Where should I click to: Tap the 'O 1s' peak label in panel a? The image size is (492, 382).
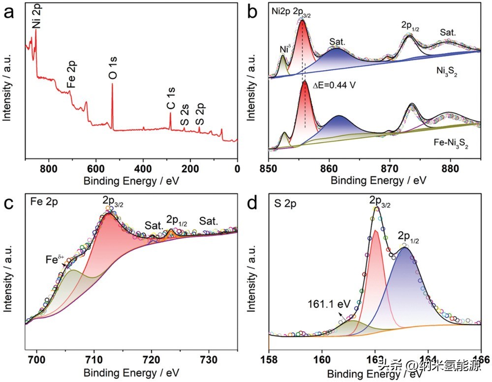click(113, 69)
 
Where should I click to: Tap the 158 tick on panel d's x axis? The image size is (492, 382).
click(269, 354)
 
